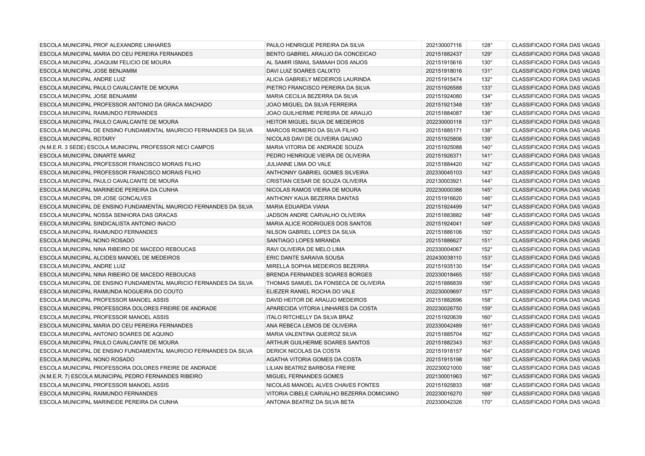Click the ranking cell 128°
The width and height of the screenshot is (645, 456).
coord(486,45)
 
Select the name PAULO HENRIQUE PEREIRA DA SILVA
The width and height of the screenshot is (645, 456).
coord(315,45)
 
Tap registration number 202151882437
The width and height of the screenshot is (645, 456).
coord(444,54)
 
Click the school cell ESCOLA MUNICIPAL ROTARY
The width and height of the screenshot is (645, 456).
coord(77,139)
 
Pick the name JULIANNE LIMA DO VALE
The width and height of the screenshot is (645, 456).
coord(298,164)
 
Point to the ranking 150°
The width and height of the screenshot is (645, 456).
coord(486,232)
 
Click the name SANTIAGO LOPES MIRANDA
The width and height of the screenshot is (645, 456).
coord(303,240)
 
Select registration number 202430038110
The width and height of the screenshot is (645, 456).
coord(444,258)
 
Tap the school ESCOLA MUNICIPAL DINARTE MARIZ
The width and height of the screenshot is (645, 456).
coord(87,156)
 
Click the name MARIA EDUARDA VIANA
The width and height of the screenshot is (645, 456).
coord(297,207)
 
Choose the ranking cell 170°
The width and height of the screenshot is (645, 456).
coord(486,402)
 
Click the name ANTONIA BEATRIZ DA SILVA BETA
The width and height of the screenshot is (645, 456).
coord(310,402)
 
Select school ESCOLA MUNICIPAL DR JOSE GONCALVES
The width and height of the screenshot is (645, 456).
coord(95,198)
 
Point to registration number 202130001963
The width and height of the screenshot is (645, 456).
coord(444,376)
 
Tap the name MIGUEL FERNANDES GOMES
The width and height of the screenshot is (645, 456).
coord(305,376)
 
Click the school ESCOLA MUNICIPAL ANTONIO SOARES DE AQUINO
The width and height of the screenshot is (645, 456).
coord(106,334)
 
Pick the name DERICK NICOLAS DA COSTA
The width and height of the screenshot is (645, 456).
coord(303,351)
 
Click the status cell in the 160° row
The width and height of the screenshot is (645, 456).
coord(555,317)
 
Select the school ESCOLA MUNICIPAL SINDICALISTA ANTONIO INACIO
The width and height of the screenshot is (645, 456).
coord(108,224)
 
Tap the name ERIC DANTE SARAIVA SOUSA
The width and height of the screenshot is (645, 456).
coord(305,258)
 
